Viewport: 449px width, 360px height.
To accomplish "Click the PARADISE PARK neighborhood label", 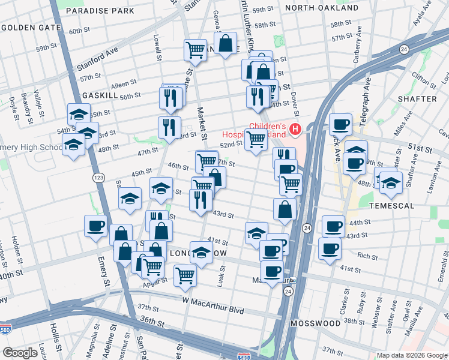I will [x=100, y=11].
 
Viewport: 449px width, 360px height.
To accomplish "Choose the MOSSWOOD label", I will [x=315, y=323].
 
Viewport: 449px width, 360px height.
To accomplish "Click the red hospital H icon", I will [x=295, y=128].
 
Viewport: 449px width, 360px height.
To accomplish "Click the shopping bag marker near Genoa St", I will [x=226, y=44].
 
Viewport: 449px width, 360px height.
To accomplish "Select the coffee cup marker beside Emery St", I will [x=96, y=227].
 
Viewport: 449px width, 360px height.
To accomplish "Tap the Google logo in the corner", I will [x=20, y=353].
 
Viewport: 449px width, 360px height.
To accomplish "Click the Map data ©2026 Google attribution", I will [x=411, y=355].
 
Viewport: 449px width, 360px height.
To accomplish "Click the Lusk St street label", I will [x=221, y=278].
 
